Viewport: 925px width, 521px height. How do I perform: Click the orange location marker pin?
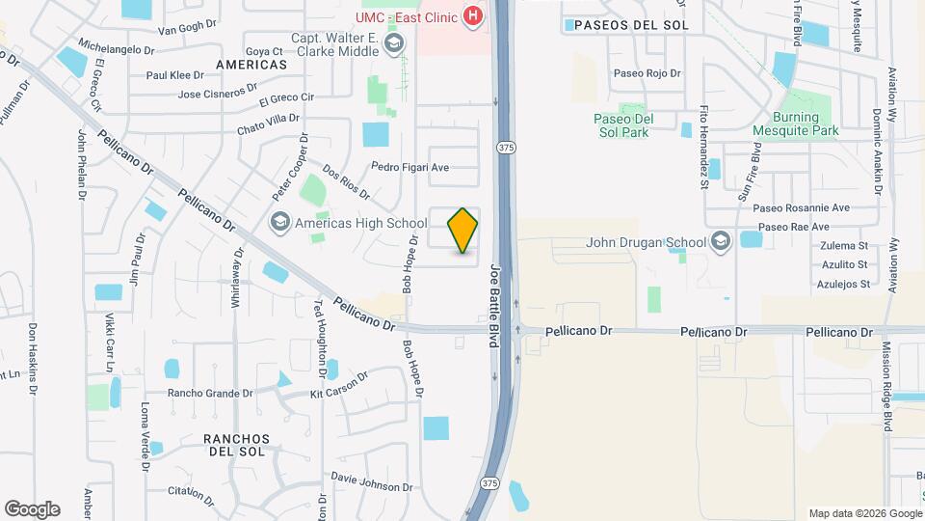(x=463, y=231)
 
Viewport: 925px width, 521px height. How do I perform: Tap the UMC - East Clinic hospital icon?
(x=473, y=15)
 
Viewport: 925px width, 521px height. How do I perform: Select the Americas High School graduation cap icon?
(x=280, y=223)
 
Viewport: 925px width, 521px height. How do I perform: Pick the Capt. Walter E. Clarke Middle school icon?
(x=393, y=43)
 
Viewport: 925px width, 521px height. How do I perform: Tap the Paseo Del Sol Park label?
(x=621, y=125)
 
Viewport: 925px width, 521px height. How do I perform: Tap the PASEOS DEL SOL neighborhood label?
(x=631, y=25)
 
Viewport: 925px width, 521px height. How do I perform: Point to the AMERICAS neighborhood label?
(x=251, y=64)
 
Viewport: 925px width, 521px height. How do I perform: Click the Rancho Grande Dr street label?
(x=210, y=393)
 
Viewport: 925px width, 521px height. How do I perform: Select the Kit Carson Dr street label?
(x=339, y=385)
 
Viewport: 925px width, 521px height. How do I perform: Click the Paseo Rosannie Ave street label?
(x=802, y=207)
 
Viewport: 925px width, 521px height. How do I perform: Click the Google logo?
(x=32, y=508)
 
